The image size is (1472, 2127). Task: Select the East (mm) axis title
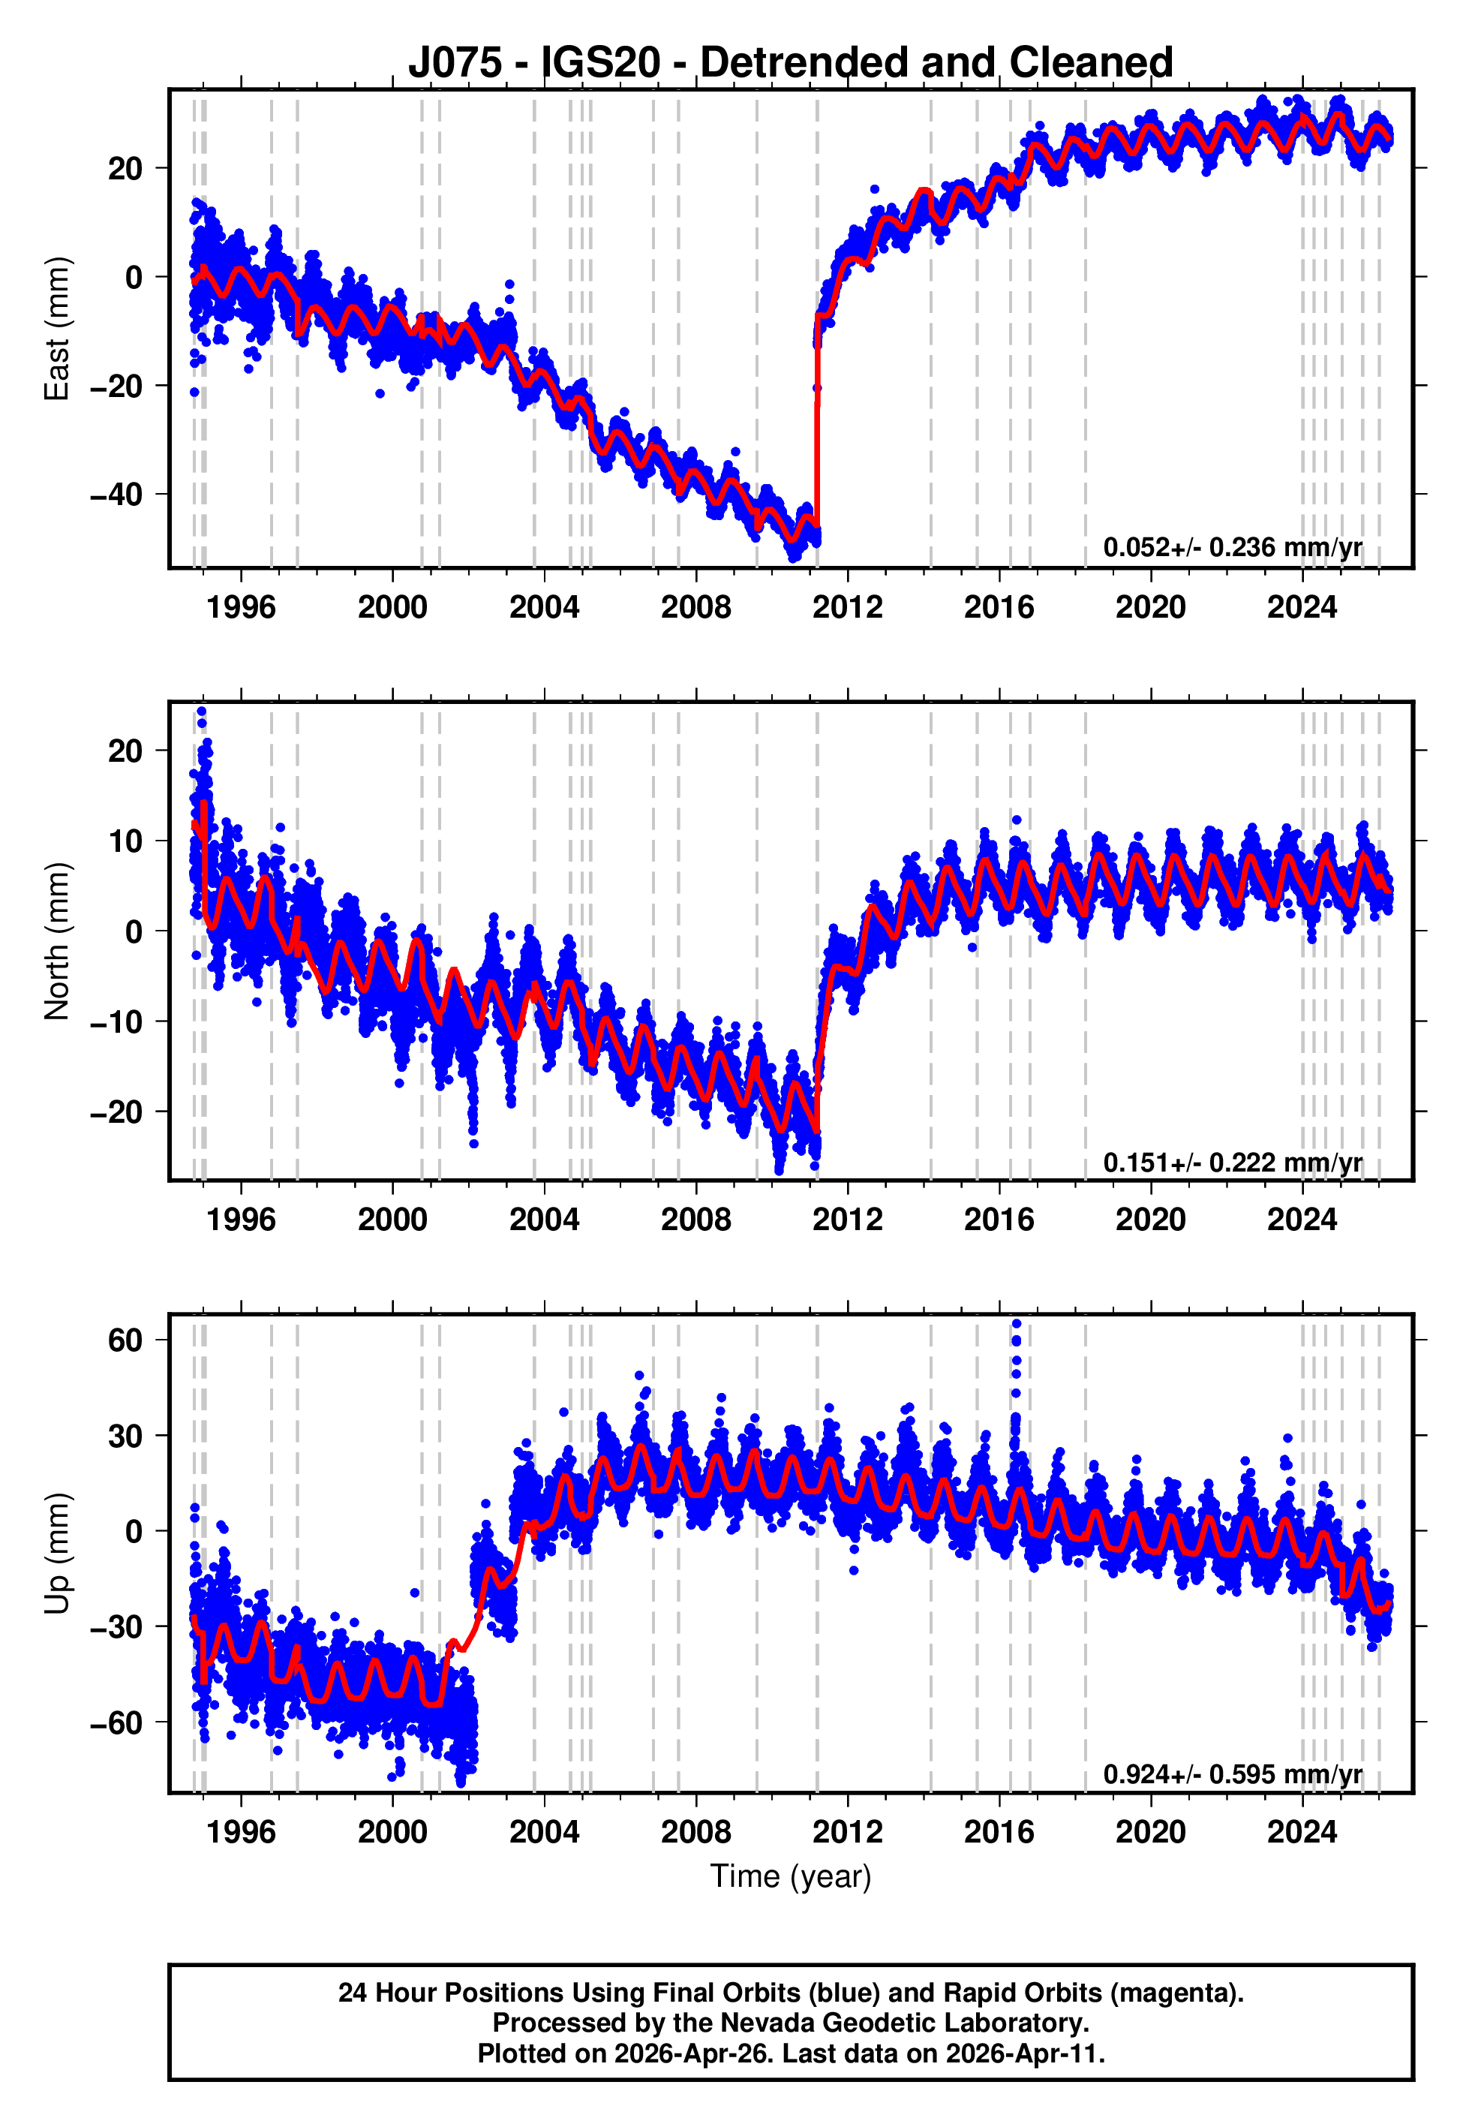pos(57,329)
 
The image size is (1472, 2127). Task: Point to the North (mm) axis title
pos(57,941)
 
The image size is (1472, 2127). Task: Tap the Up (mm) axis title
pos(57,1554)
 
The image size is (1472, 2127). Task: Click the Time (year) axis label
pos(791,1876)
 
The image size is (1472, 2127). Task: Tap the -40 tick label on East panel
pos(116,495)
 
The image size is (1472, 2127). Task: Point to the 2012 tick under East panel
pos(847,607)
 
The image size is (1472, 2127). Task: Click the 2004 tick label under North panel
pos(544,1220)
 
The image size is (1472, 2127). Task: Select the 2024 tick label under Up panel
pos(1302,1832)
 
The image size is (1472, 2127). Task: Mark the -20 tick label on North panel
pos(116,1112)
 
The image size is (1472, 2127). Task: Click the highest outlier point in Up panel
pos(1017,1324)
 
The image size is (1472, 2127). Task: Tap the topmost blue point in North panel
pos(201,712)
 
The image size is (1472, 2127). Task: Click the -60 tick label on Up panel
pos(116,1722)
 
